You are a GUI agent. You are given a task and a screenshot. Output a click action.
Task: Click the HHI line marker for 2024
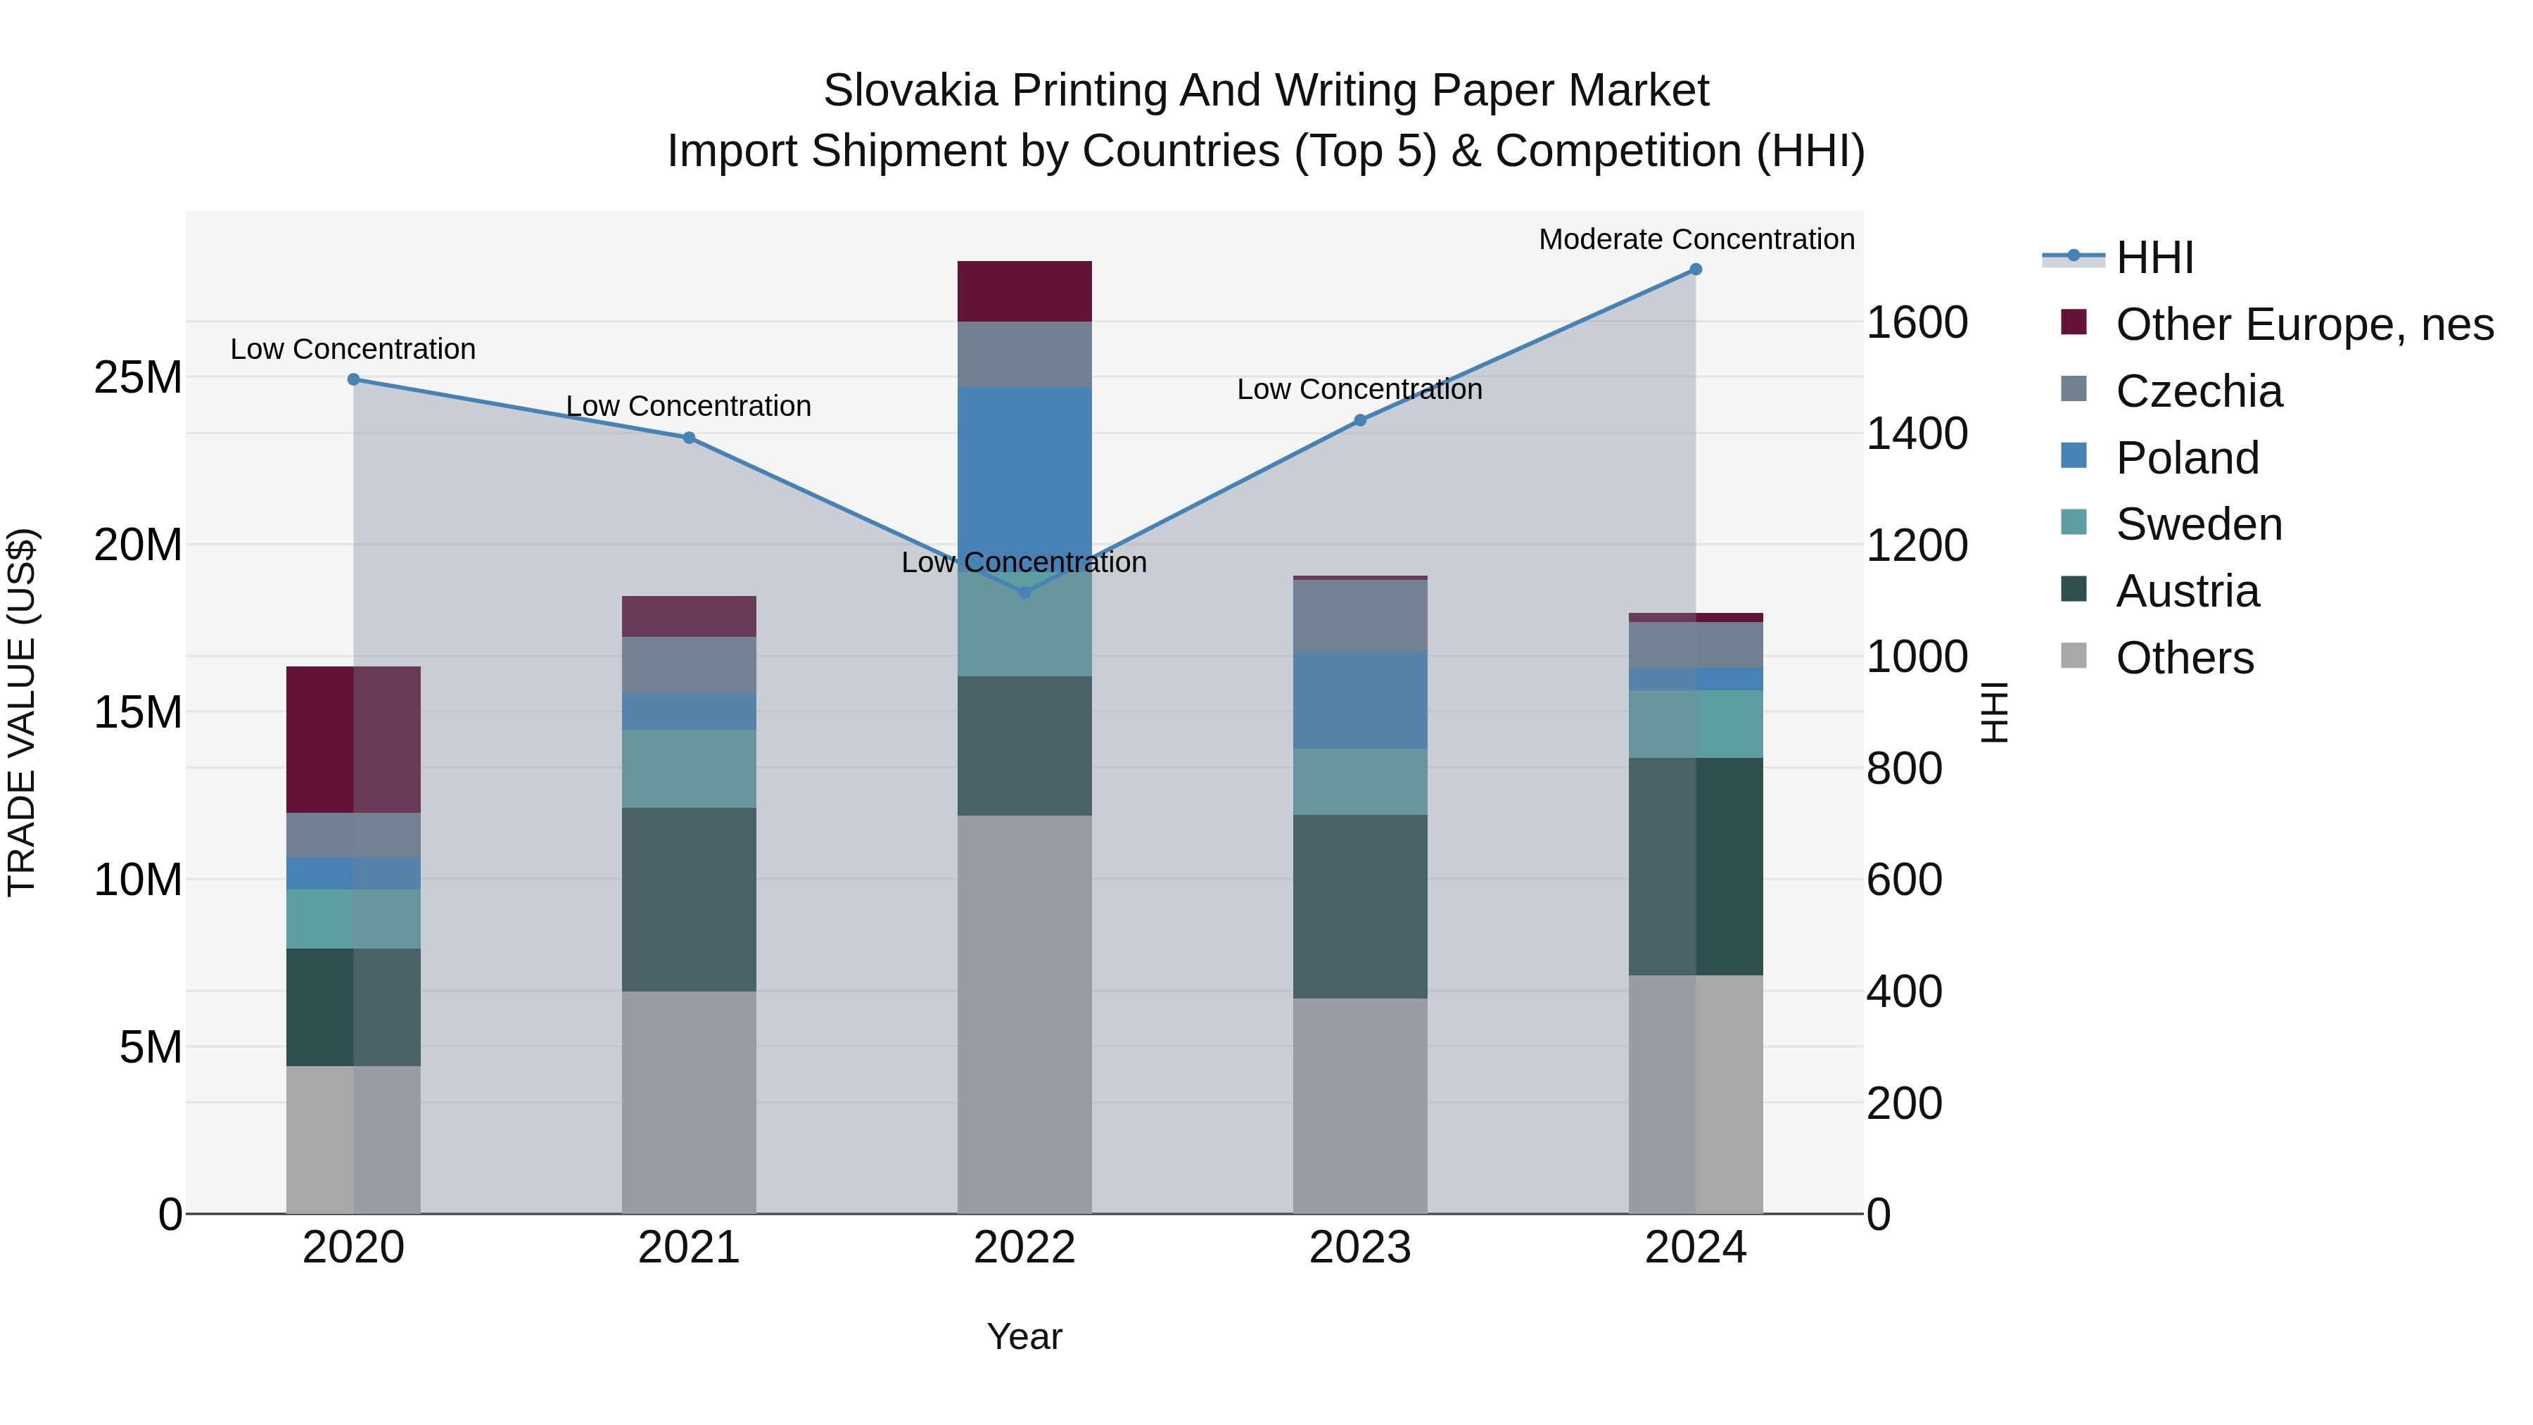pos(1695,270)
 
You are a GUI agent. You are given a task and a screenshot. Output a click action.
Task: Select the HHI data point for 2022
pos(1024,592)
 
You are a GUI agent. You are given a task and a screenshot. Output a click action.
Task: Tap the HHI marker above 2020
pos(354,379)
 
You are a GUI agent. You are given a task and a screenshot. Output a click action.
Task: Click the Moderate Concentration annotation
pos(1696,239)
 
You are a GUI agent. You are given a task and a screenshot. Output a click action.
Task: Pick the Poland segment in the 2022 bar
pos(1024,472)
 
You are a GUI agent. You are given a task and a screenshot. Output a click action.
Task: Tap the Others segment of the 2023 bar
pos(1360,1106)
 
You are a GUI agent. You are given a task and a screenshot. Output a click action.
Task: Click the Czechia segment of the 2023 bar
pos(1360,616)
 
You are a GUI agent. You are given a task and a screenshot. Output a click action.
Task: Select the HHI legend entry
pos(2154,258)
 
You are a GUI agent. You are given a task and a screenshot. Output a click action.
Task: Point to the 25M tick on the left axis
pos(138,378)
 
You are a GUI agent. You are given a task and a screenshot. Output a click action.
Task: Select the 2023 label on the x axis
pos(1360,1248)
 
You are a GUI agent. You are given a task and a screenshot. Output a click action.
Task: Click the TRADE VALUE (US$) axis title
pos(22,712)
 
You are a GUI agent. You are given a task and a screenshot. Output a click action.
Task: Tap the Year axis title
pos(1024,1336)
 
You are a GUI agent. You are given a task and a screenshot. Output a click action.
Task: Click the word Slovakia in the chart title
pos(910,91)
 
